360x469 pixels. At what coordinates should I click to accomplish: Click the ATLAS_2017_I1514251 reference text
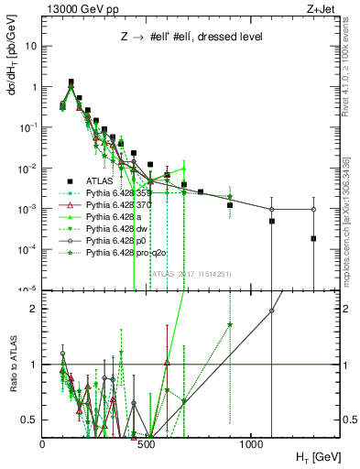[191, 273]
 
